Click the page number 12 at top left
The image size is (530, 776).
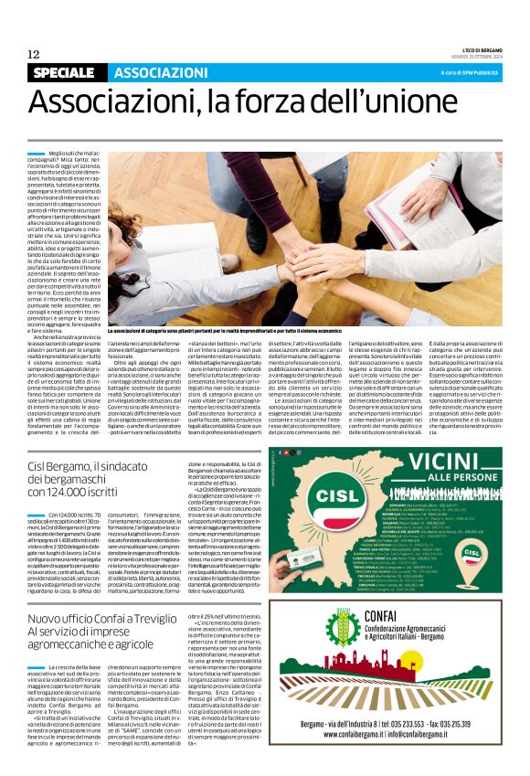click(33, 54)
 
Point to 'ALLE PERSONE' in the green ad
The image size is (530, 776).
click(462, 479)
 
